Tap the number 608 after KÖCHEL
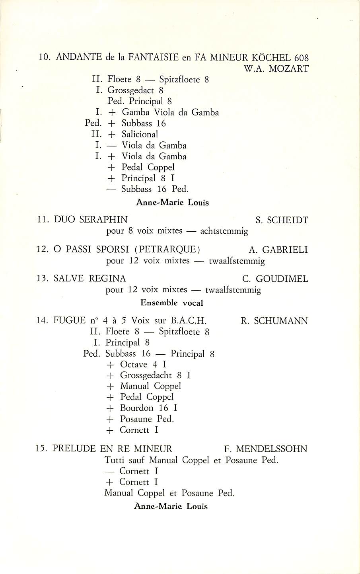click(300, 57)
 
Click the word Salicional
click(140, 135)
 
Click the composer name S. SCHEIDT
click(282, 220)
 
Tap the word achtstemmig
click(224, 231)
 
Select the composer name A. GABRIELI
click(278, 250)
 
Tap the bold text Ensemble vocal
click(172, 303)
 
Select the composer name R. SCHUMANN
click(274, 321)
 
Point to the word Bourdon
click(136, 408)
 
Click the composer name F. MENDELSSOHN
click(266, 449)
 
